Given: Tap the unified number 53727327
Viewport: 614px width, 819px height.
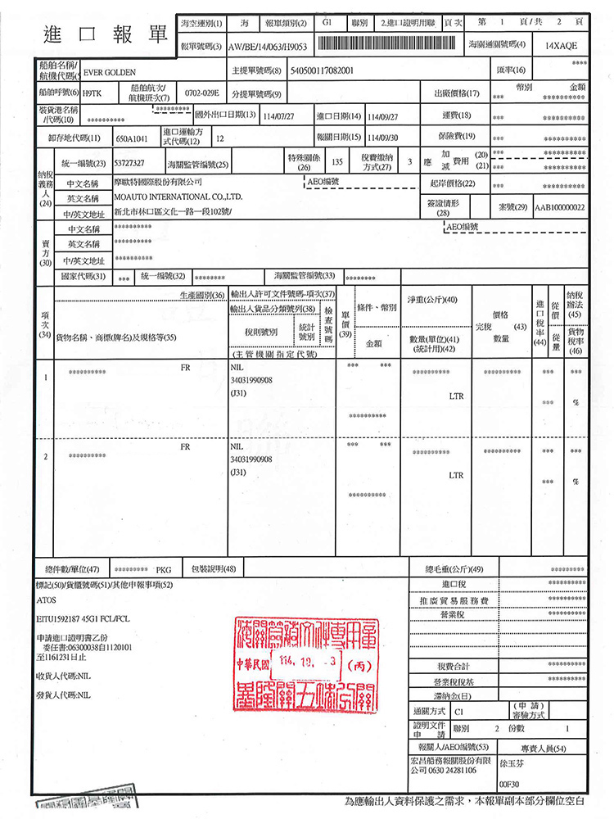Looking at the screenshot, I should point(129,163).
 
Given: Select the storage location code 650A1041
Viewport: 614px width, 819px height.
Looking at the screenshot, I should point(133,138).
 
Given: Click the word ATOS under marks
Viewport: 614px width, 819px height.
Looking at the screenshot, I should point(46,600).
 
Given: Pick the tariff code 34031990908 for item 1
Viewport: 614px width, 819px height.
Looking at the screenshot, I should point(252,380).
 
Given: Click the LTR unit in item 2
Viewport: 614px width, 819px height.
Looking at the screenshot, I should point(456,475).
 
